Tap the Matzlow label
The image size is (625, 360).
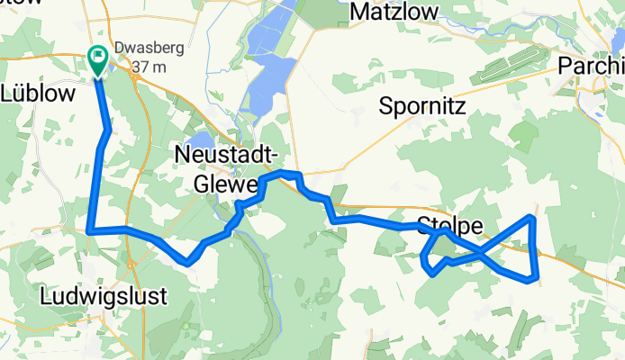(394, 12)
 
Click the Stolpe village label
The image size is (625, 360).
(449, 225)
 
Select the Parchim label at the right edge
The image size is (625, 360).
(591, 66)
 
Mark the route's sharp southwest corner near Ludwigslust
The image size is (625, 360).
(90, 230)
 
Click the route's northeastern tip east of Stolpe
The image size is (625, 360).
(533, 217)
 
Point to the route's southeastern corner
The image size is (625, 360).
(538, 279)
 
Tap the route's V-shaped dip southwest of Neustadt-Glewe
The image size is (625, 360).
(188, 262)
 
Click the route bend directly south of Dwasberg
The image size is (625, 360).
(109, 131)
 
